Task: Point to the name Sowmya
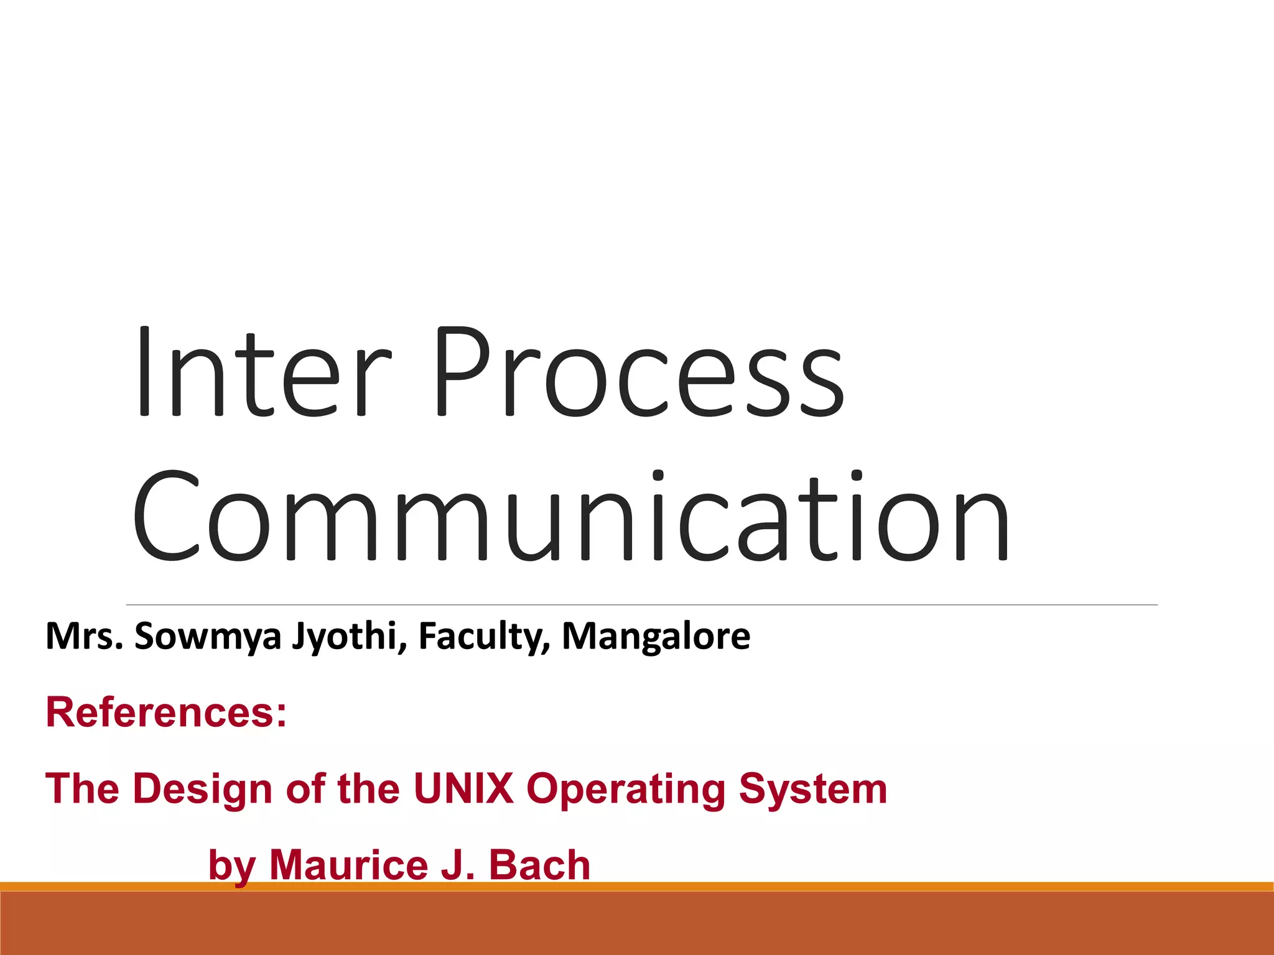(208, 637)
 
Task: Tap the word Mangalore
(656, 636)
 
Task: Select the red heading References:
(166, 713)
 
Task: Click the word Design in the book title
(203, 788)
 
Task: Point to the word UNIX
(463, 788)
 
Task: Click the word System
(813, 788)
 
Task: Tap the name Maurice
(349, 865)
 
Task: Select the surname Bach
(539, 865)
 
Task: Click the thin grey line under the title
(641, 604)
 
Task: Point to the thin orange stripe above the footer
(933, 886)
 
